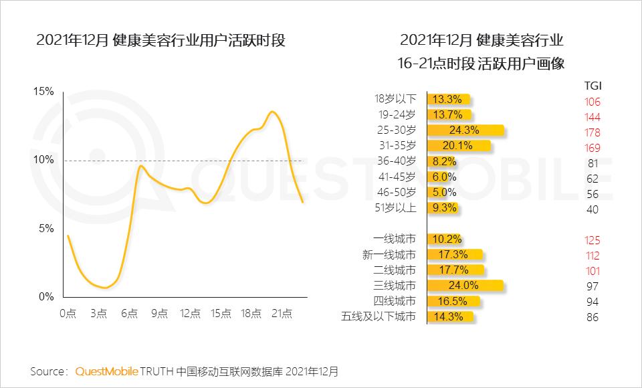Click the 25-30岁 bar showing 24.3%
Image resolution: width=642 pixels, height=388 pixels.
tap(464, 130)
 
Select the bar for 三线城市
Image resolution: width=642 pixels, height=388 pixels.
tap(463, 286)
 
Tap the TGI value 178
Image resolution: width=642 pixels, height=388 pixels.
tap(592, 132)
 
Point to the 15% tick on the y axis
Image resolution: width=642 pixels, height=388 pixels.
tap(43, 92)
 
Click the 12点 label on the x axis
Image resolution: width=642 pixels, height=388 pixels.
tap(191, 313)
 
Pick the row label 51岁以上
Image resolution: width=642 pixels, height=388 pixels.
tap(395, 207)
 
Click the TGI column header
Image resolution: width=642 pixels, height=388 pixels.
tap(592, 86)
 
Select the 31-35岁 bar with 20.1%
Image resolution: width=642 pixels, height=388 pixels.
tap(457, 145)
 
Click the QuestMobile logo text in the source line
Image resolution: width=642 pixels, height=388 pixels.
tap(107, 371)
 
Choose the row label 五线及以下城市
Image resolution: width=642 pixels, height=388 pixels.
tap(378, 316)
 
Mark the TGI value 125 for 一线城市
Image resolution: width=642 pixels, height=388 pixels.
tap(592, 241)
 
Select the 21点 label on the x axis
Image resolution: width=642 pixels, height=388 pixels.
tap(282, 313)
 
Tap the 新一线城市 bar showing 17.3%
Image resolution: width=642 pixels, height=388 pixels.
tap(453, 255)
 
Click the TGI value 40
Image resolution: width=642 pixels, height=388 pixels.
tap(592, 209)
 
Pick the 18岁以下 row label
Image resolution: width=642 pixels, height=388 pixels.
tap(395, 99)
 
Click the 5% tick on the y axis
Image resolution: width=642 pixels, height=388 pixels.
tap(46, 228)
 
